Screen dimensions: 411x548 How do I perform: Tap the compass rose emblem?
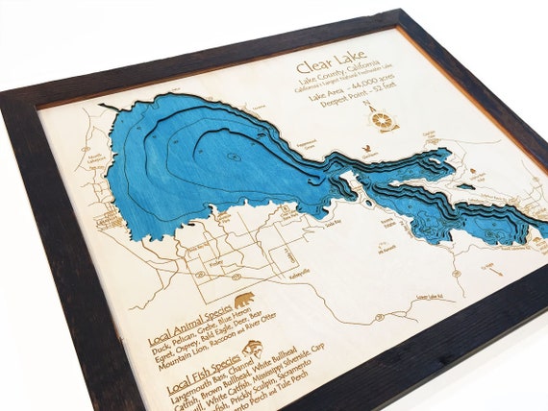pyautogui.click(x=384, y=121)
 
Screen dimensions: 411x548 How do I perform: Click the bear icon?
pyautogui.click(x=243, y=301)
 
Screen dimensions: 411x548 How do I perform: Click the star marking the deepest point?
pyautogui.click(x=232, y=156)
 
